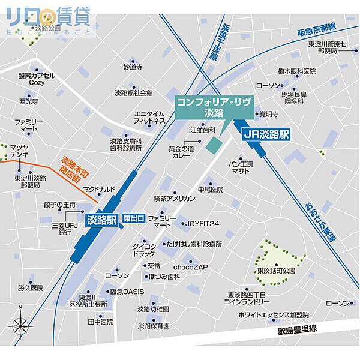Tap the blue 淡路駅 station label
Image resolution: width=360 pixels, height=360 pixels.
pos(101,220)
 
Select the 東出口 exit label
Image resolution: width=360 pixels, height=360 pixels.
pos(133,219)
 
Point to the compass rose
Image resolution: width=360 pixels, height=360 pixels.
pos(20,326)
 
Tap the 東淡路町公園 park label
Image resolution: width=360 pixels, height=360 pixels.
pos(277,271)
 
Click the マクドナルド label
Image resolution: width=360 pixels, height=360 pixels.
pos(99,189)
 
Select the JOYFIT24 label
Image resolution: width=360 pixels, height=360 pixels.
pos(202,224)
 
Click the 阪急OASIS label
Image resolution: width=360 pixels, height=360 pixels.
pos(127,291)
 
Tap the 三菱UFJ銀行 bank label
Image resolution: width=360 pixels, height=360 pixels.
pos(65,228)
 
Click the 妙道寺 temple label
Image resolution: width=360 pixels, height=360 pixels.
pos(133,67)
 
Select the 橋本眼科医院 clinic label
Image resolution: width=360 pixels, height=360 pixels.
pos(296,71)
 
